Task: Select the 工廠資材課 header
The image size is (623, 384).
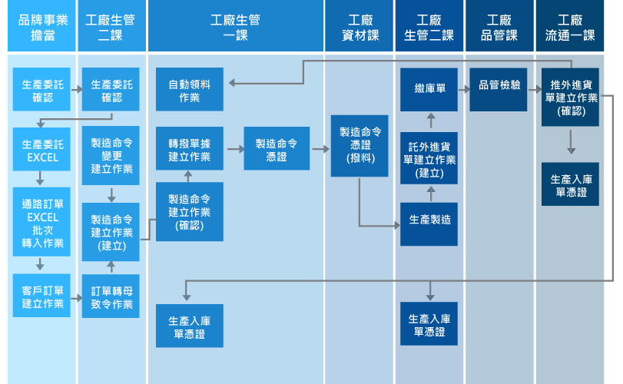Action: pyautogui.click(x=360, y=27)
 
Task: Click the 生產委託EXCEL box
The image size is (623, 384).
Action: pyautogui.click(x=42, y=151)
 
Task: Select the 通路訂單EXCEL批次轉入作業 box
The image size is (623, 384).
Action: pyautogui.click(x=42, y=223)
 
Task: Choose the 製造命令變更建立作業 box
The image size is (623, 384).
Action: pyautogui.click(x=111, y=155)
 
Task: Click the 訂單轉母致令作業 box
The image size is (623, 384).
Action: pyautogui.click(x=111, y=296)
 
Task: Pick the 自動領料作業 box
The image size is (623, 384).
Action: pyautogui.click(x=189, y=89)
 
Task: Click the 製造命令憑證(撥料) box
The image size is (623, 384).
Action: pyautogui.click(x=360, y=144)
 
